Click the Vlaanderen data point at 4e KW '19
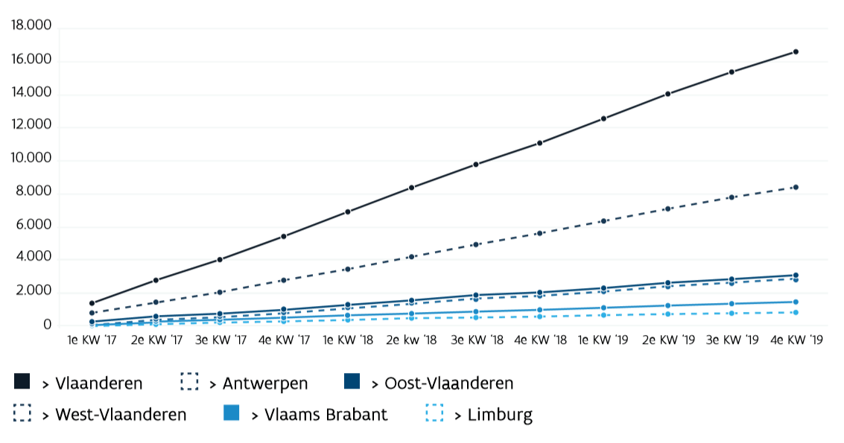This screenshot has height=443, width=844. click(x=796, y=51)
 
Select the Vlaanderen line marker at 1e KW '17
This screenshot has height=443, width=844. click(x=92, y=303)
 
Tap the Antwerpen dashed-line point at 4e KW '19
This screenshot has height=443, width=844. click(x=796, y=187)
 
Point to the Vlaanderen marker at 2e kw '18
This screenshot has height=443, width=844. click(x=412, y=188)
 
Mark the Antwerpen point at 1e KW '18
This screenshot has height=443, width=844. click(x=348, y=269)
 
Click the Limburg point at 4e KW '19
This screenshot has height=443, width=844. click(x=796, y=312)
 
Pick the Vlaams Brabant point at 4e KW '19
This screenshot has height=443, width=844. click(x=796, y=302)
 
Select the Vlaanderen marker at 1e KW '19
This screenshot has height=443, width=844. click(x=603, y=118)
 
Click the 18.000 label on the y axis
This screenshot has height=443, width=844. click(x=31, y=26)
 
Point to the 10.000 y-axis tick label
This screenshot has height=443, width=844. click(x=31, y=159)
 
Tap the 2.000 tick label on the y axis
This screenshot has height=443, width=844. click(x=34, y=291)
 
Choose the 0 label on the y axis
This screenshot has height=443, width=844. click(x=47, y=325)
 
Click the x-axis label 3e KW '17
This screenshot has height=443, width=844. click(x=220, y=340)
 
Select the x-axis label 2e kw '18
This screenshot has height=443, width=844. click(x=412, y=340)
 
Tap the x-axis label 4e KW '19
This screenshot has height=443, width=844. click(x=796, y=340)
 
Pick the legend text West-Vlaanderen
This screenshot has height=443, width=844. click(x=121, y=414)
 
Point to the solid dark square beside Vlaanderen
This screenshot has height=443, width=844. click(x=22, y=382)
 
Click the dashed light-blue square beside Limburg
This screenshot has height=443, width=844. click(x=434, y=412)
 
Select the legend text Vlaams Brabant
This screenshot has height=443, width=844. click(x=326, y=414)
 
